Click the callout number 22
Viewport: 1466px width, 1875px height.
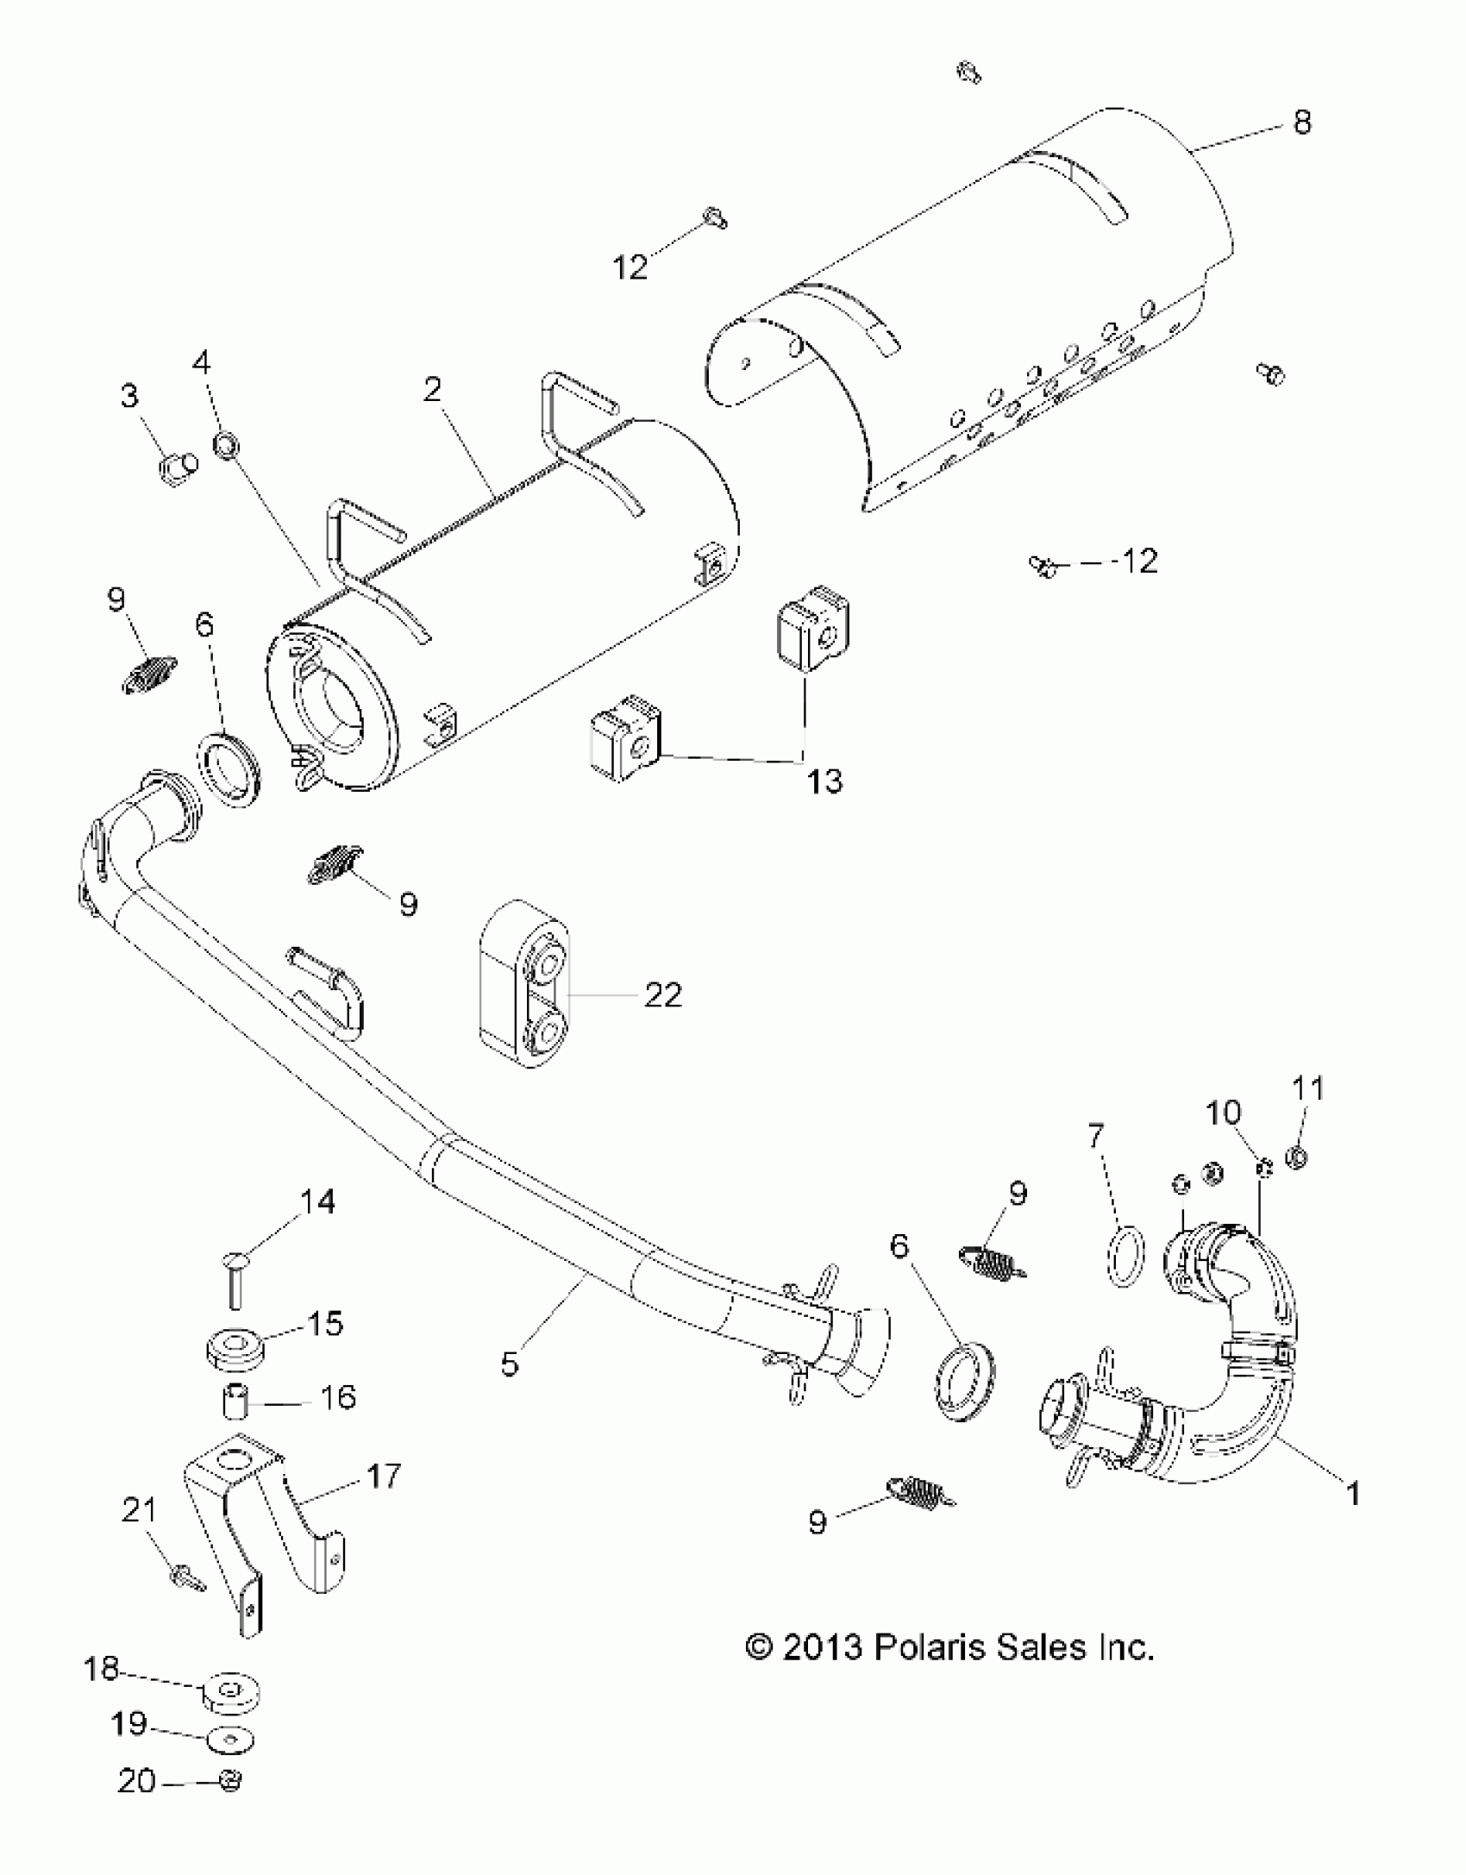tap(662, 995)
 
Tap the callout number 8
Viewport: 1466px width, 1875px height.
tap(1302, 122)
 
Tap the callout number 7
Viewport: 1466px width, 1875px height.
tap(1096, 1138)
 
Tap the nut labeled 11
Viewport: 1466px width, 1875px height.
tap(1296, 1157)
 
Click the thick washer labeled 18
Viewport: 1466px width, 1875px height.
tap(231, 1695)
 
